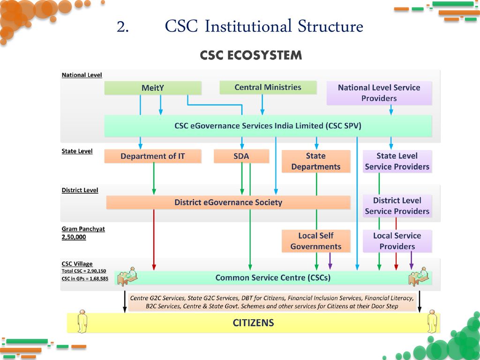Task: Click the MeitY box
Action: click(153, 88)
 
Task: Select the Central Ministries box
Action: click(268, 87)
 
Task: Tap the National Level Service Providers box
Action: click(379, 93)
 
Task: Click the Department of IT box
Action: click(153, 156)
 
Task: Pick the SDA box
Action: click(241, 156)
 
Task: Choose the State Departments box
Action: click(316, 161)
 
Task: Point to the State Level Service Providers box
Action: click(397, 161)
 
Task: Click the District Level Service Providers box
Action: click(397, 206)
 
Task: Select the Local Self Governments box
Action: click(316, 241)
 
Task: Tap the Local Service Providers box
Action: click(397, 241)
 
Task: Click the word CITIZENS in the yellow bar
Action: click(254, 323)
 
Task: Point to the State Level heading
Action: click(77, 151)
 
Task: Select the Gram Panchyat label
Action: click(83, 229)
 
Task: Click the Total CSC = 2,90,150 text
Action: click(83, 271)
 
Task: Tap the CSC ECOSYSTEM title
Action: click(251, 55)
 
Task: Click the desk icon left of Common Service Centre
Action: click(127, 276)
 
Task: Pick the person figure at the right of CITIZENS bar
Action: click(432, 321)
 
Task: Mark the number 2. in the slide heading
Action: click(122, 27)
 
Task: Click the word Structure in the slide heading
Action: click(330, 26)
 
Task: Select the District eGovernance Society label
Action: click(228, 202)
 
